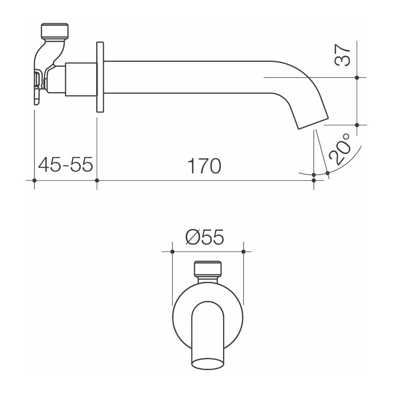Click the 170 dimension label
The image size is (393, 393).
click(x=204, y=166)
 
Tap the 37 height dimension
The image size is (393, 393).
click(x=342, y=55)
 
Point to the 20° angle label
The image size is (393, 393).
click(x=340, y=149)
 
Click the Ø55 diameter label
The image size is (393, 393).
click(x=205, y=238)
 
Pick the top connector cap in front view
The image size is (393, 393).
click(x=207, y=269)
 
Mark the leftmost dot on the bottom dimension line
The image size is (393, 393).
click(x=34, y=180)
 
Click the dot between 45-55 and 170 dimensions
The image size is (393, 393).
click(x=97, y=180)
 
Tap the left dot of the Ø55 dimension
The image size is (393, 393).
click(x=172, y=251)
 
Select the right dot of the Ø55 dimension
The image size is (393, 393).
click(x=243, y=251)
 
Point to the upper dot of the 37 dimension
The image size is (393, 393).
click(x=357, y=78)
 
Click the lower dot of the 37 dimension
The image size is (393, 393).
click(x=357, y=125)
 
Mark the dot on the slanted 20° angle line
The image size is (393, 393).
click(x=327, y=172)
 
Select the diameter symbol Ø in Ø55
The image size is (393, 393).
click(x=192, y=238)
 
